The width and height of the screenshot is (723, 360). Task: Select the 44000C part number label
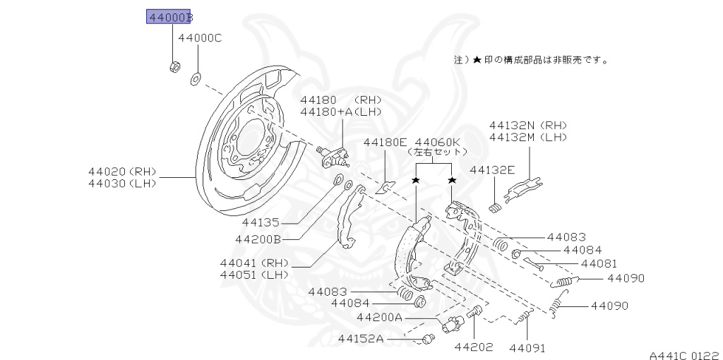point(200,38)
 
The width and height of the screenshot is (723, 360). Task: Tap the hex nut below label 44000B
point(174,67)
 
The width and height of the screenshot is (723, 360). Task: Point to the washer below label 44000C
point(195,79)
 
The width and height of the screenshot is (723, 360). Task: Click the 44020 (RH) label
point(122,172)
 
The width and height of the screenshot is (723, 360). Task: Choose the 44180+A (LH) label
point(341,112)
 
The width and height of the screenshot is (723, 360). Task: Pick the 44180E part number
point(385,143)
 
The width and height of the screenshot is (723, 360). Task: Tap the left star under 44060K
point(416,180)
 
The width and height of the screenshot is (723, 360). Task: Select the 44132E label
point(492,170)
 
